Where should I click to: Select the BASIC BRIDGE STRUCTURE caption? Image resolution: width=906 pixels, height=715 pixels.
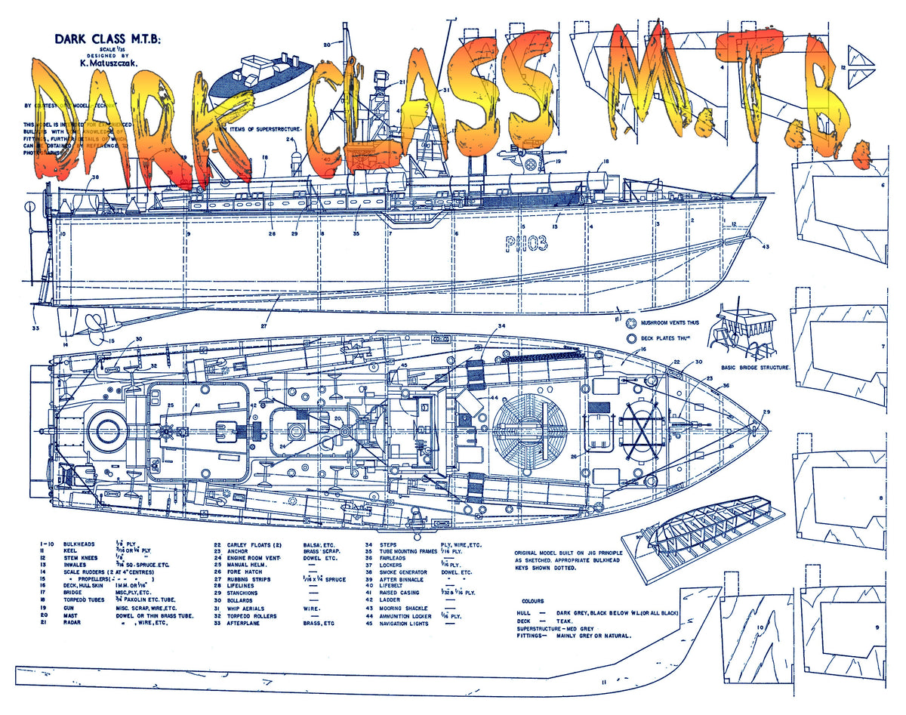[755, 367]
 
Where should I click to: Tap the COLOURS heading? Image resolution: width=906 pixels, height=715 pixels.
[574, 602]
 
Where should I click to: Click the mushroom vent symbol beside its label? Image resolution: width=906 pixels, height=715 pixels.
[631, 323]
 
